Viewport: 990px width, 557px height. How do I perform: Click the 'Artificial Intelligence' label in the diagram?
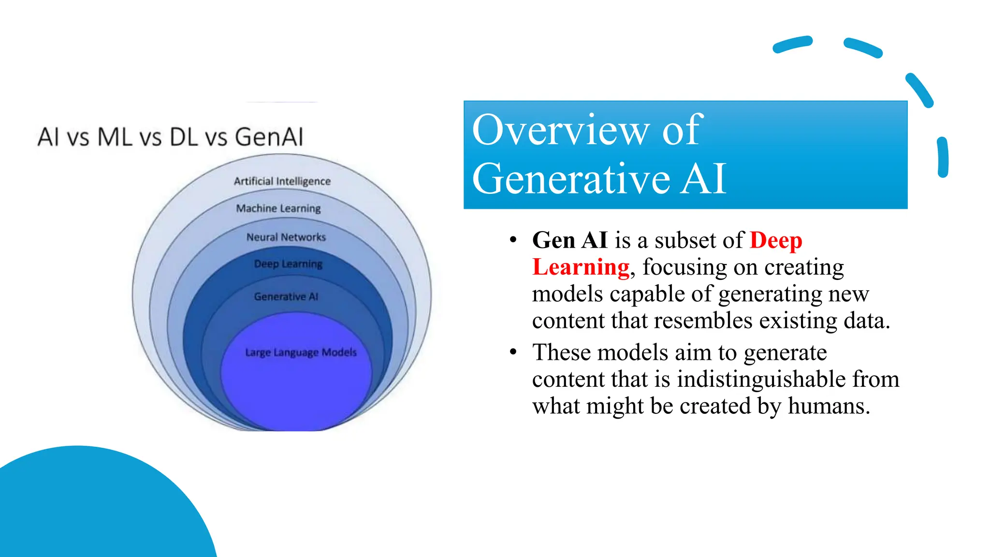282,181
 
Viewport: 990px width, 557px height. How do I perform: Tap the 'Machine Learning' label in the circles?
278,208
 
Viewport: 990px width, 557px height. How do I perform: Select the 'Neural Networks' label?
286,237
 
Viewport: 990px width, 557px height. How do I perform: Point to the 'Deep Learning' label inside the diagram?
288,264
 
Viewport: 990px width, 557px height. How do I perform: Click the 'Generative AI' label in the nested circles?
286,296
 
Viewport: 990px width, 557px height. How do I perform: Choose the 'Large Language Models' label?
301,352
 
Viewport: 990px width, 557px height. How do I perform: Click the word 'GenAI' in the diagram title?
269,137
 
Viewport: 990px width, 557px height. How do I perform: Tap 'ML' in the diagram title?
115,137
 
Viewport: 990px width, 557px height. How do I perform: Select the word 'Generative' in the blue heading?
571,179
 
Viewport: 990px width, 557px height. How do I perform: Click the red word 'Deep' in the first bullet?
776,240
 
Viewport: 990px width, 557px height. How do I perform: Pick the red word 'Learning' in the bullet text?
581,267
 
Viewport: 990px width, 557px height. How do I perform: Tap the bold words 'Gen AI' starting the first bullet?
569,240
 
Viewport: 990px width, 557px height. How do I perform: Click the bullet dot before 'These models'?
513,352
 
